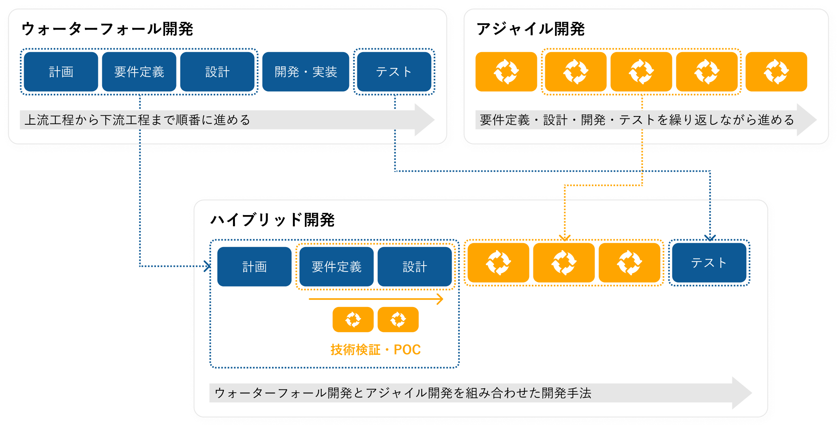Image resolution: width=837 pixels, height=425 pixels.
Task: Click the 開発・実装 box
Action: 306,72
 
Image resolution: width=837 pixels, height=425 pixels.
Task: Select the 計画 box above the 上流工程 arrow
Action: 61,72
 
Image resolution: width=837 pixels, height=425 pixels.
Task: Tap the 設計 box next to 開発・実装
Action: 217,72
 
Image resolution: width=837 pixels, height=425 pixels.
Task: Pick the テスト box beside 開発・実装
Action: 394,72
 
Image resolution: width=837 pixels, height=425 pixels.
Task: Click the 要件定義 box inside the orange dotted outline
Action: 336,267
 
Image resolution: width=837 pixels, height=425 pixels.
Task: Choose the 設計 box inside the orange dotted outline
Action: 415,267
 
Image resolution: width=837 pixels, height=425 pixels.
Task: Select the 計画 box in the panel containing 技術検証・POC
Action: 254,267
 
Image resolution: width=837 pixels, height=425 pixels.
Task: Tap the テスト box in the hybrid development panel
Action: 709,263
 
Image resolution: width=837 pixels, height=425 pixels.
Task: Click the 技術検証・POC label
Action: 375,350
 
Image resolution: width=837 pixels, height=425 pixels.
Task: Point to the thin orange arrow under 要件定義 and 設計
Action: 375,299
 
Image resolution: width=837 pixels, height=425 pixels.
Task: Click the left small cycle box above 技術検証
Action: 353,320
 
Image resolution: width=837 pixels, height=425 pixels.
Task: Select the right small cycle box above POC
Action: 398,320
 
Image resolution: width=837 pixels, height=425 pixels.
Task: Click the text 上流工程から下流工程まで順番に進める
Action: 137,120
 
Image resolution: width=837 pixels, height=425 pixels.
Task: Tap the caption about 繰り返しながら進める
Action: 636,120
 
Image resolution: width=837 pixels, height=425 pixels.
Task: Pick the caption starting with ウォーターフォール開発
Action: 403,393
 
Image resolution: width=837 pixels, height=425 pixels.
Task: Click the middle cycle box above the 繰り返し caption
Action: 641,72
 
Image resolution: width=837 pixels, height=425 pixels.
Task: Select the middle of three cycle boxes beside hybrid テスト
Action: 564,263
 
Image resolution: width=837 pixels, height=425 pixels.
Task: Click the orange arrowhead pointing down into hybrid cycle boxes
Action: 565,238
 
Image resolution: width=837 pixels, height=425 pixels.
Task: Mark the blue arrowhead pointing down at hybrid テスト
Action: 710,238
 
